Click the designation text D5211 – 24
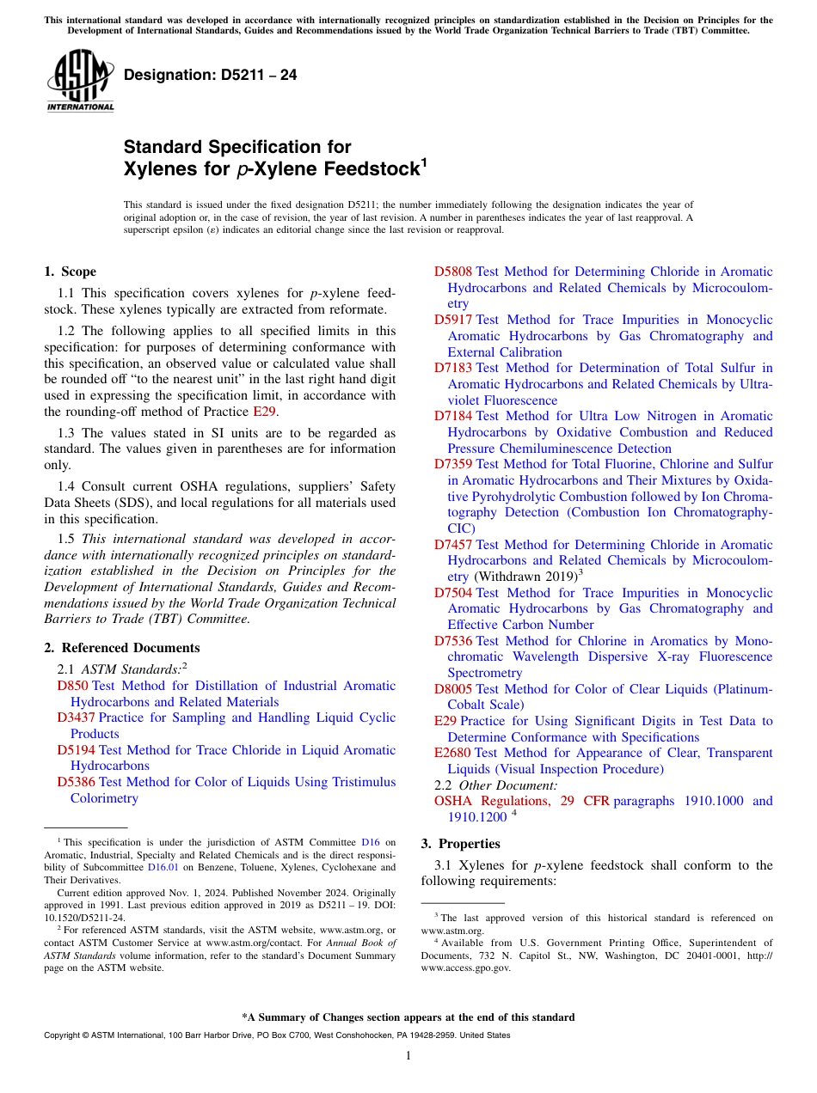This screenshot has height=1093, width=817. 211,76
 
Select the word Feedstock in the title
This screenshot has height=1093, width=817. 371,169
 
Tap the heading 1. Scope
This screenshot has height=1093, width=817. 71,272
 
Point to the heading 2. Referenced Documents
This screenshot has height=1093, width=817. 122,648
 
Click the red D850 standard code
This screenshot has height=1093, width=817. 72,686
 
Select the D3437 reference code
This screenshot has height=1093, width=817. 76,717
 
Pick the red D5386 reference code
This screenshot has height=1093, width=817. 76,782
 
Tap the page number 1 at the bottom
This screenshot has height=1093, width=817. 408,1056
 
